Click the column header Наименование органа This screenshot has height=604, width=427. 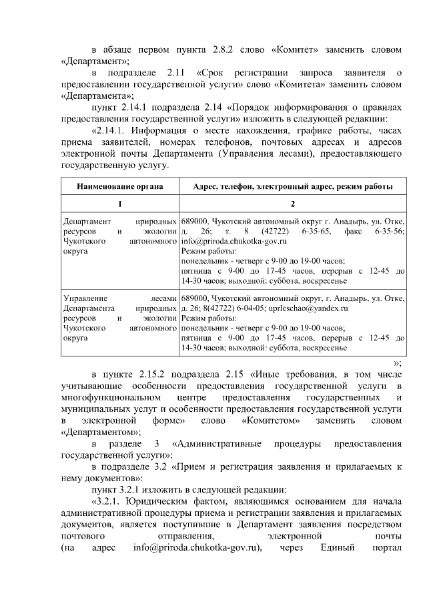tap(120, 186)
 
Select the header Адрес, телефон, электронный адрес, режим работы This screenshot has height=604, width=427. tap(292, 186)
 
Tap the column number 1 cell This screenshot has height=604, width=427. tap(120, 204)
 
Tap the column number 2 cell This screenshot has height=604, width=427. tap(292, 204)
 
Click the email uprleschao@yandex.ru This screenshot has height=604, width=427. tap(316, 309)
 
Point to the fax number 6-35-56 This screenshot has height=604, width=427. tap(388, 231)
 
